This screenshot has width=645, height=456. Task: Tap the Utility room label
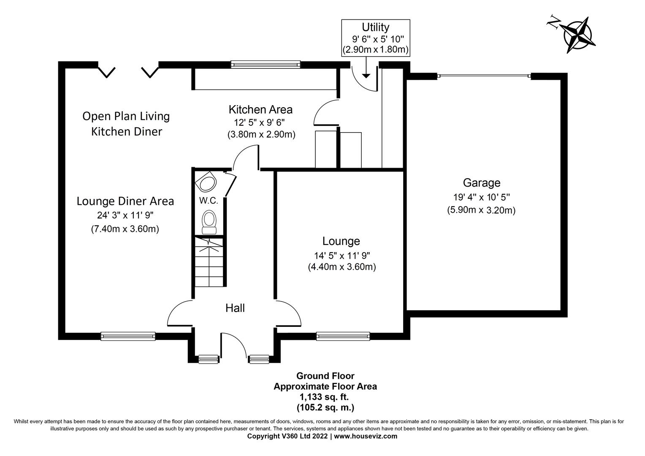pyautogui.click(x=375, y=27)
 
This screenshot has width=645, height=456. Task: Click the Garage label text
pyautogui.click(x=481, y=183)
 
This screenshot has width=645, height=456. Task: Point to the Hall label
pyautogui.click(x=235, y=308)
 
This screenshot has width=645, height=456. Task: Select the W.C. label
pyautogui.click(x=209, y=201)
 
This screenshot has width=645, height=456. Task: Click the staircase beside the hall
pyautogui.click(x=209, y=262)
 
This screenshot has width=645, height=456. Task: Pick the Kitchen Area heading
pyautogui.click(x=260, y=110)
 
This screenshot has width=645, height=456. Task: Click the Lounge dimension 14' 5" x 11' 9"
pyautogui.click(x=341, y=255)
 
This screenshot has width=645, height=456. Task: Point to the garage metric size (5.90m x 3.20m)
pyautogui.click(x=481, y=210)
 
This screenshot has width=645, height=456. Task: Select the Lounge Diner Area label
pyautogui.click(x=125, y=201)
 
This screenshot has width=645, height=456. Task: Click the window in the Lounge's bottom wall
pyautogui.click(x=343, y=336)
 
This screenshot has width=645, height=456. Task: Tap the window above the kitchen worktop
pyautogui.click(x=266, y=65)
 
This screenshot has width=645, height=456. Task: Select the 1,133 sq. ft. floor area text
pyautogui.click(x=324, y=397)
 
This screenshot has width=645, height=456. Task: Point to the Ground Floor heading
pyautogui.click(x=325, y=376)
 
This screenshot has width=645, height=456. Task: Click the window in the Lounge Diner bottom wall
pyautogui.click(x=128, y=336)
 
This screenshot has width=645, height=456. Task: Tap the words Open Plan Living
pyautogui.click(x=126, y=116)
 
